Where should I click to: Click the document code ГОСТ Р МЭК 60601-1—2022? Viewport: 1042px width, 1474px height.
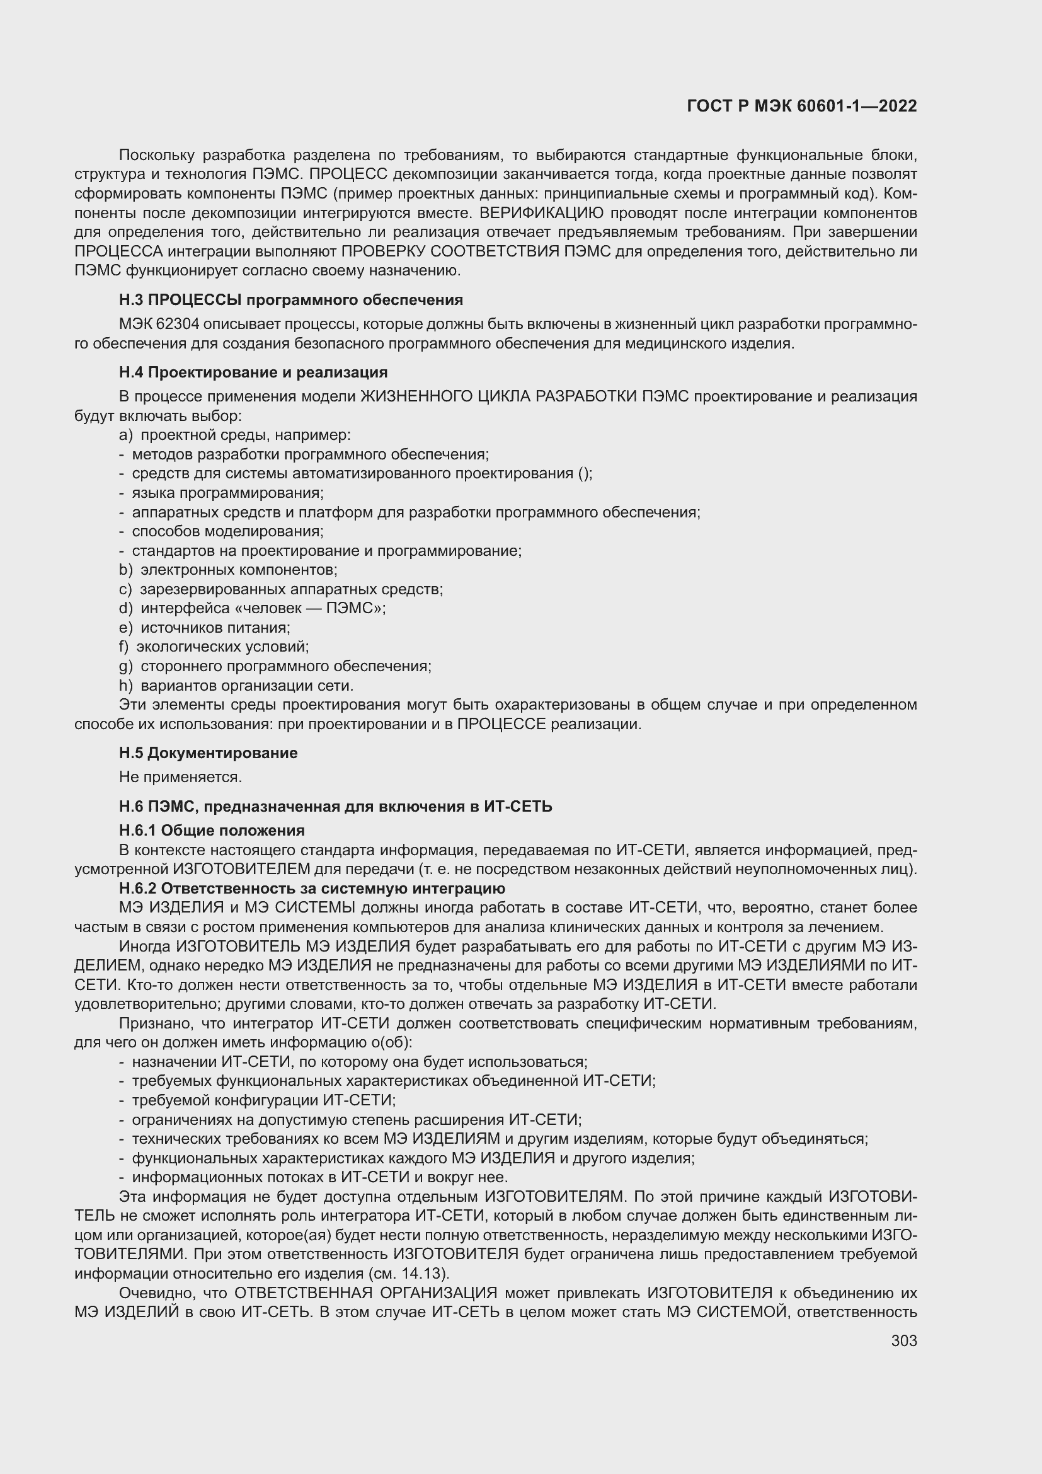pos(801,106)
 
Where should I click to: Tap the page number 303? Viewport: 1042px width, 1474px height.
pos(903,1340)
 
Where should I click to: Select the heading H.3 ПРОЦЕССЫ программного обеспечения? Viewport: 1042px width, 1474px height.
pos(290,300)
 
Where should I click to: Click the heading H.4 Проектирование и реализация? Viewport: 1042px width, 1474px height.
pos(253,372)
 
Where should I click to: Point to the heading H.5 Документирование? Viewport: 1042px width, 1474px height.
pos(208,752)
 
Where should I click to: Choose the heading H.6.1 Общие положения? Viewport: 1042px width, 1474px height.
pos(212,831)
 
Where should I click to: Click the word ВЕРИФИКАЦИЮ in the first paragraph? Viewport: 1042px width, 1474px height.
pos(542,212)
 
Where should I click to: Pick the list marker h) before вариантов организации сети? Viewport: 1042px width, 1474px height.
pos(126,686)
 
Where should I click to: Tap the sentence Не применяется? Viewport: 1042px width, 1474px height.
pos(180,777)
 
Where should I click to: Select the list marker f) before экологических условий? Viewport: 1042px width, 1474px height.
pos(124,647)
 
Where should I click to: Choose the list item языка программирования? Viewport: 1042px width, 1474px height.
pos(227,493)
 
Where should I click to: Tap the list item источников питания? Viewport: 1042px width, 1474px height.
pos(215,628)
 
